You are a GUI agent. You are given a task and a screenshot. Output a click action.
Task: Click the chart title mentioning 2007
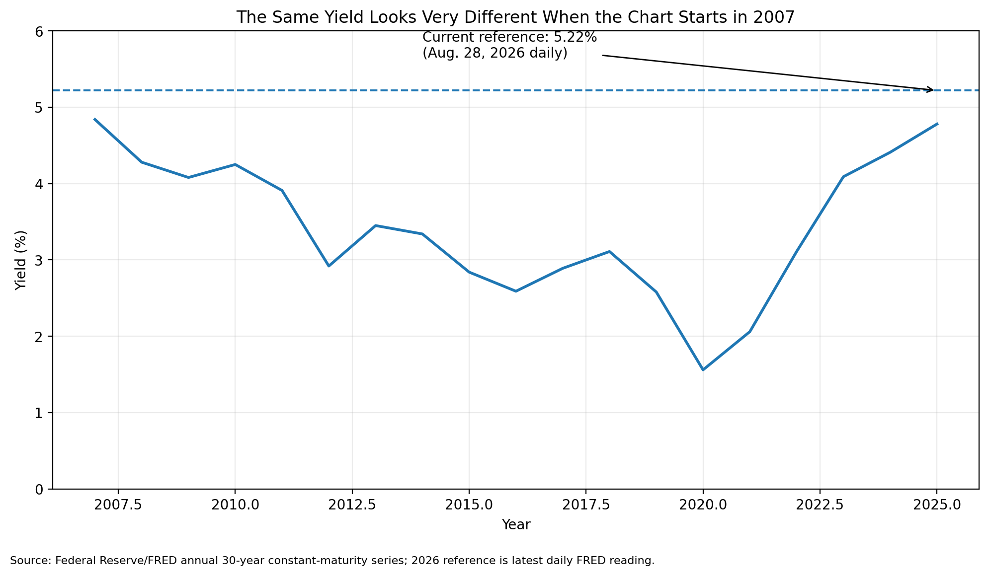[515, 17]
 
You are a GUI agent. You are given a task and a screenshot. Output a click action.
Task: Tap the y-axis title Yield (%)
[20, 260]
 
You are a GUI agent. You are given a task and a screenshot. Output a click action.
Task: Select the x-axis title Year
[516, 525]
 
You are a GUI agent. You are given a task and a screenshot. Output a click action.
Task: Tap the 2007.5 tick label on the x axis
[118, 504]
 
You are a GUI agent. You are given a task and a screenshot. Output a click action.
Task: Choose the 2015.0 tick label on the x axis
[469, 504]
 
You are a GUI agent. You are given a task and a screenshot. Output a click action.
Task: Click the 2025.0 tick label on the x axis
[937, 504]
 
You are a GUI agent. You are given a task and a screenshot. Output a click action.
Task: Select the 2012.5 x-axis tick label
[352, 504]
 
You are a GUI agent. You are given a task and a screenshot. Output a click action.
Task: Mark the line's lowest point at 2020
[703, 370]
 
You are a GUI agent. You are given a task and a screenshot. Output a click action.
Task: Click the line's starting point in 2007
[94, 119]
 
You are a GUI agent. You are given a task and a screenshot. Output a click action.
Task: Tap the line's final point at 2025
[937, 124]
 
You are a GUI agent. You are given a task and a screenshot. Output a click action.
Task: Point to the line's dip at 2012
[329, 266]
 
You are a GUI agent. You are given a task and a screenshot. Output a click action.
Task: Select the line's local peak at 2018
[609, 251]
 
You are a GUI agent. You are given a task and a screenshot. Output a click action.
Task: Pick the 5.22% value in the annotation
[575, 37]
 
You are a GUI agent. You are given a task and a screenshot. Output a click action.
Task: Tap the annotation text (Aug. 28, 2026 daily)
[495, 53]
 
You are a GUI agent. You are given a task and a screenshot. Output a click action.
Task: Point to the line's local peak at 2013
[376, 225]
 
